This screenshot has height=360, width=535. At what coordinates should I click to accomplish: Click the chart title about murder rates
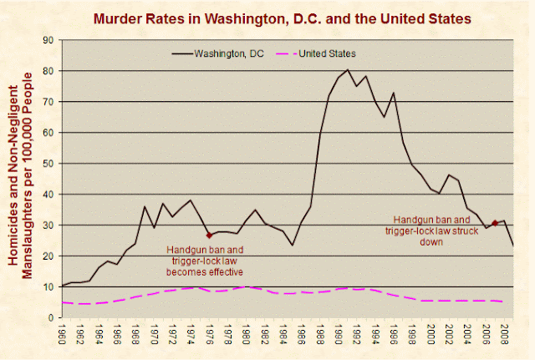coord(283,18)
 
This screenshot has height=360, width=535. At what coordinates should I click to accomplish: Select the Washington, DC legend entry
coord(218,53)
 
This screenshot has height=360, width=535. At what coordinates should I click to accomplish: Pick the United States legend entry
coord(316,53)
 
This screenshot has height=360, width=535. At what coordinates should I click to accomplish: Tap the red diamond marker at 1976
coord(209,236)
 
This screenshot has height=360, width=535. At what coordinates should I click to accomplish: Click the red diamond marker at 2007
coord(495,223)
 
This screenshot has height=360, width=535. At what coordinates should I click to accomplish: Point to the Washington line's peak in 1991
coord(348,69)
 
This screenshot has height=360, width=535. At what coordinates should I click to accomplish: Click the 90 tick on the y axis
coord(48,40)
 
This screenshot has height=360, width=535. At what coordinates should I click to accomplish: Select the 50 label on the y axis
coord(48,164)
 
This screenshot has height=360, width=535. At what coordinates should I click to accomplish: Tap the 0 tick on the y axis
coord(51,317)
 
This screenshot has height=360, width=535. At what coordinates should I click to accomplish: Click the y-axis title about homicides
coord(20,175)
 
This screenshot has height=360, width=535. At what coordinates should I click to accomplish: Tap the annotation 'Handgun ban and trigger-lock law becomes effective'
coord(205,261)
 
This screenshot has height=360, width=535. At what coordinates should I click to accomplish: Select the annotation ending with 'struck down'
coord(431,231)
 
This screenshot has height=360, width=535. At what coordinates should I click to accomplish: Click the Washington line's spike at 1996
coord(394,93)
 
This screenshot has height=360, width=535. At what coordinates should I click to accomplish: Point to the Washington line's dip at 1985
coord(293,245)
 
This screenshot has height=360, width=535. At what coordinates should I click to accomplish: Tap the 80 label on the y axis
coord(48,71)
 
